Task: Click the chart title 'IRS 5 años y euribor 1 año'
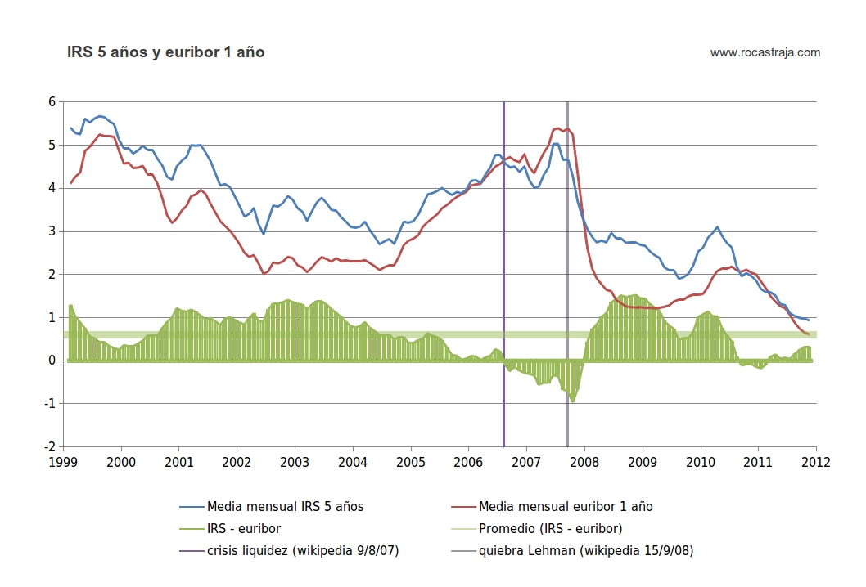166,52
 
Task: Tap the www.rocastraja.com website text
765,52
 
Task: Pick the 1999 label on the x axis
64,462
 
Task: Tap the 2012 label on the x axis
816,462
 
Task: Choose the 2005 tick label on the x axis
411,462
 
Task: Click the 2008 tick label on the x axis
584,462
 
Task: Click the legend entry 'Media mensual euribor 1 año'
566,506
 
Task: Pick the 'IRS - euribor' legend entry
245,528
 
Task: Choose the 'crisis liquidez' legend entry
303,550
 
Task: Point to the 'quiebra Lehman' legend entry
586,550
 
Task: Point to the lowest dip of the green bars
573,401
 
